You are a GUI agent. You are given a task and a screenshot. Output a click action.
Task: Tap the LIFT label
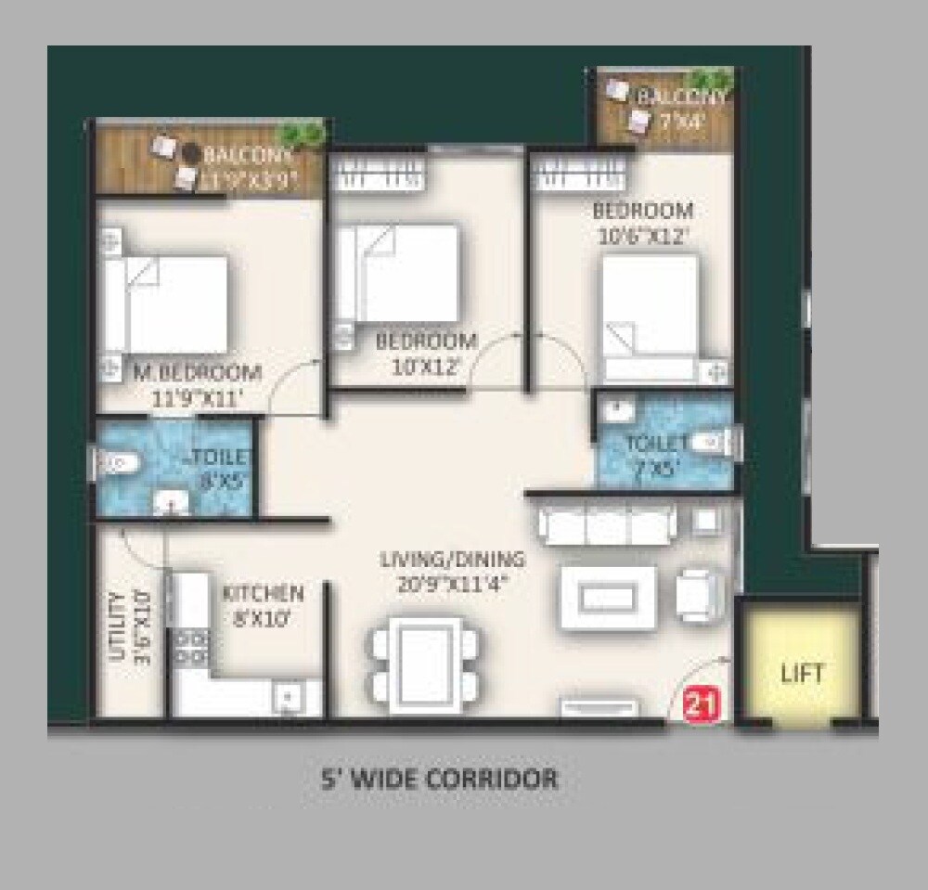coord(802,673)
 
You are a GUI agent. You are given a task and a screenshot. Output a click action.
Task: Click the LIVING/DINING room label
coord(452,560)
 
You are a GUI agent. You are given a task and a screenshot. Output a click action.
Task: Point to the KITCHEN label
coord(263,593)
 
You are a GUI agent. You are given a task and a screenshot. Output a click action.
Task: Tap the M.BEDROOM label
coord(197,373)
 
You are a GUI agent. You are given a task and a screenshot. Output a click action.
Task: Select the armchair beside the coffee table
coord(699,594)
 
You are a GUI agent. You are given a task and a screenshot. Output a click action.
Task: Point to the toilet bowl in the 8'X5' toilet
coord(118,461)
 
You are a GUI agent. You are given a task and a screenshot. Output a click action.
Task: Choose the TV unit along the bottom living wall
coord(599,708)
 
